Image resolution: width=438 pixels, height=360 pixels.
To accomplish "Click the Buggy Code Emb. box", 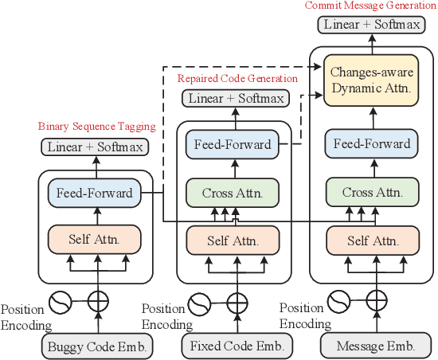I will click(96, 346).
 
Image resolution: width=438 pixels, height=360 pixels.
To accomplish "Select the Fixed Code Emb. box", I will click(237, 346).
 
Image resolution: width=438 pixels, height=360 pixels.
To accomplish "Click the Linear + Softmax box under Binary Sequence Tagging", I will click(96, 147).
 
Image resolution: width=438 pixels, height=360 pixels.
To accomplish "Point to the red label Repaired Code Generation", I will click(237, 78).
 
